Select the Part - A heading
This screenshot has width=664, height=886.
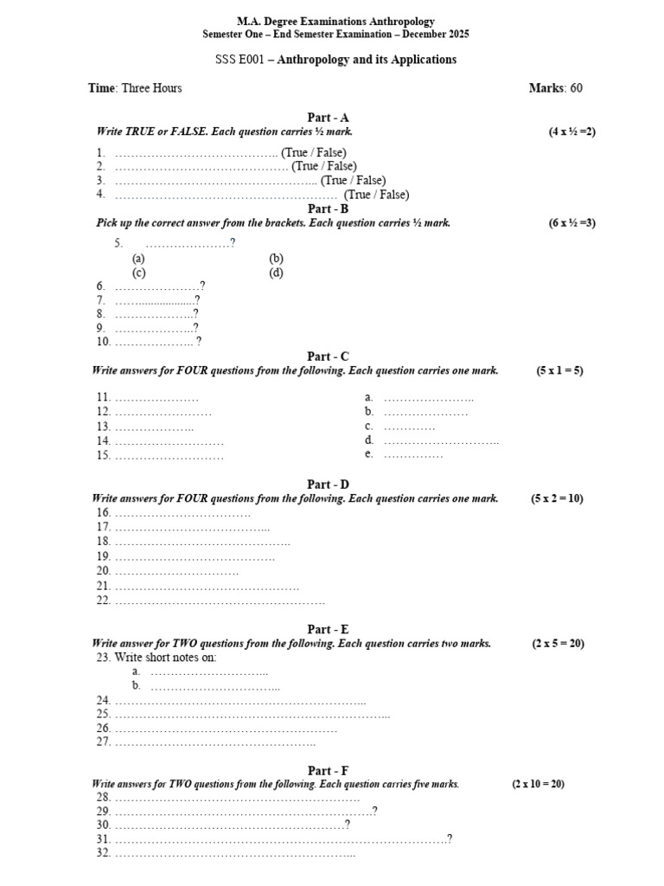point(328,118)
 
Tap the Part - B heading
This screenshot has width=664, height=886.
point(328,209)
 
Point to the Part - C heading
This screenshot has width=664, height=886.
point(328,356)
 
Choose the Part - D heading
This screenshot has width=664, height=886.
point(328,485)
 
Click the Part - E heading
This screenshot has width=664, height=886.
point(328,630)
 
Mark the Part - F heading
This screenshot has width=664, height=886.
point(328,771)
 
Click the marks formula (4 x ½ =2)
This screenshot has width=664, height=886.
point(571,132)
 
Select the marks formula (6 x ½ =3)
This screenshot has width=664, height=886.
point(571,222)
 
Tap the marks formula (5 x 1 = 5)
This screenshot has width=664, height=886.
point(559,370)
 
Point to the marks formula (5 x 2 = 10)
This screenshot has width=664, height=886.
point(558,498)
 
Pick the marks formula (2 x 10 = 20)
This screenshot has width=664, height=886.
point(538,784)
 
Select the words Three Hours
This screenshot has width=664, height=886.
point(152,88)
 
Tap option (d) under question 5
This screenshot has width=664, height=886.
point(276,273)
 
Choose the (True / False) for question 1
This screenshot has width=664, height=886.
point(313,152)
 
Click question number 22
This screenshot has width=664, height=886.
point(103,600)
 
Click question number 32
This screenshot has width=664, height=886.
point(103,852)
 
